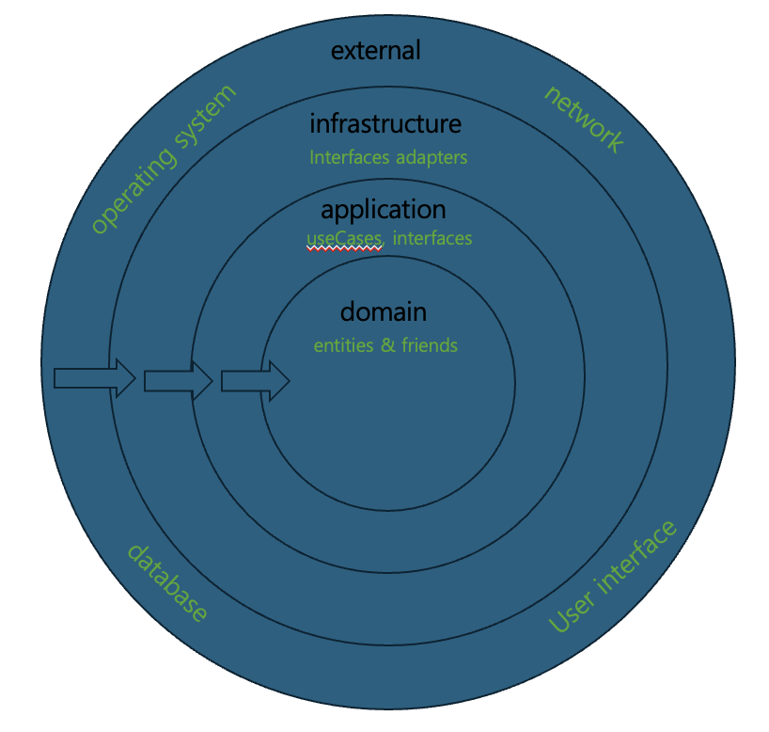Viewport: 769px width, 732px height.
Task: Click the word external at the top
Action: (x=375, y=50)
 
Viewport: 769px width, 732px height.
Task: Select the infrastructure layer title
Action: (x=385, y=123)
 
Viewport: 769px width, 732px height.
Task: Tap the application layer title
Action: (x=384, y=209)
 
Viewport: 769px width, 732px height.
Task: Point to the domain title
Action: (x=384, y=311)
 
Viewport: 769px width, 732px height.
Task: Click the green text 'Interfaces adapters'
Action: (x=388, y=157)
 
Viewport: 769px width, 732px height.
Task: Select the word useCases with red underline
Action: (x=344, y=239)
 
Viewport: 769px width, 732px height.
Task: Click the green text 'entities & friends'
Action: (x=385, y=345)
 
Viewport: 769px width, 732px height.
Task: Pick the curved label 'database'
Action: (x=167, y=582)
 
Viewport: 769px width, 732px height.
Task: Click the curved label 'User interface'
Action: (x=612, y=577)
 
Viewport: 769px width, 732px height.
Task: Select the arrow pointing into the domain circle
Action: (x=255, y=381)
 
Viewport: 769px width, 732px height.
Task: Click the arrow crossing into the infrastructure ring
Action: (x=95, y=378)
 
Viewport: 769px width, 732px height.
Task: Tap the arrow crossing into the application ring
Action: (x=178, y=380)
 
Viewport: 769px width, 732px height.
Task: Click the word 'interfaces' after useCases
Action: (x=432, y=239)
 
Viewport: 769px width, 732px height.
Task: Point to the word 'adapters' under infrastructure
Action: (x=432, y=158)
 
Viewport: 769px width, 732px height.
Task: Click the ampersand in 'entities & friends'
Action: (x=388, y=345)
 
